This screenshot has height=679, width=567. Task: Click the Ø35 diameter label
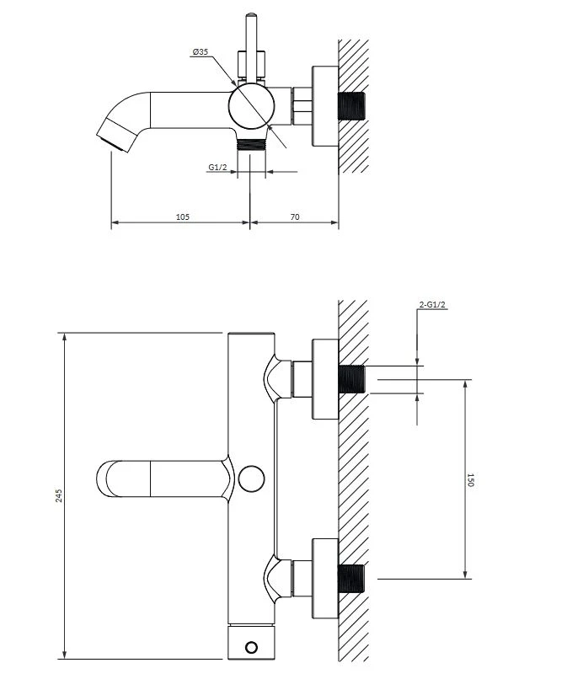point(201,52)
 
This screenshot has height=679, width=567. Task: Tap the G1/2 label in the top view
point(217,167)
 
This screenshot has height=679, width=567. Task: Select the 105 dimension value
point(183,217)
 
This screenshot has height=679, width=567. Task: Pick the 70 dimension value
point(295,217)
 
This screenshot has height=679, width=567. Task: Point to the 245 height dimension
point(59,495)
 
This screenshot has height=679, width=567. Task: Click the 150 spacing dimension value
point(471,480)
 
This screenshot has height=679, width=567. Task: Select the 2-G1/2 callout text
point(432,305)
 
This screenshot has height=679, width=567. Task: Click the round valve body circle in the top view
point(251,105)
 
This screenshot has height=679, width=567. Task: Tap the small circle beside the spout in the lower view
point(252,479)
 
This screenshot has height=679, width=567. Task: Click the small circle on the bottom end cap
point(251,647)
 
